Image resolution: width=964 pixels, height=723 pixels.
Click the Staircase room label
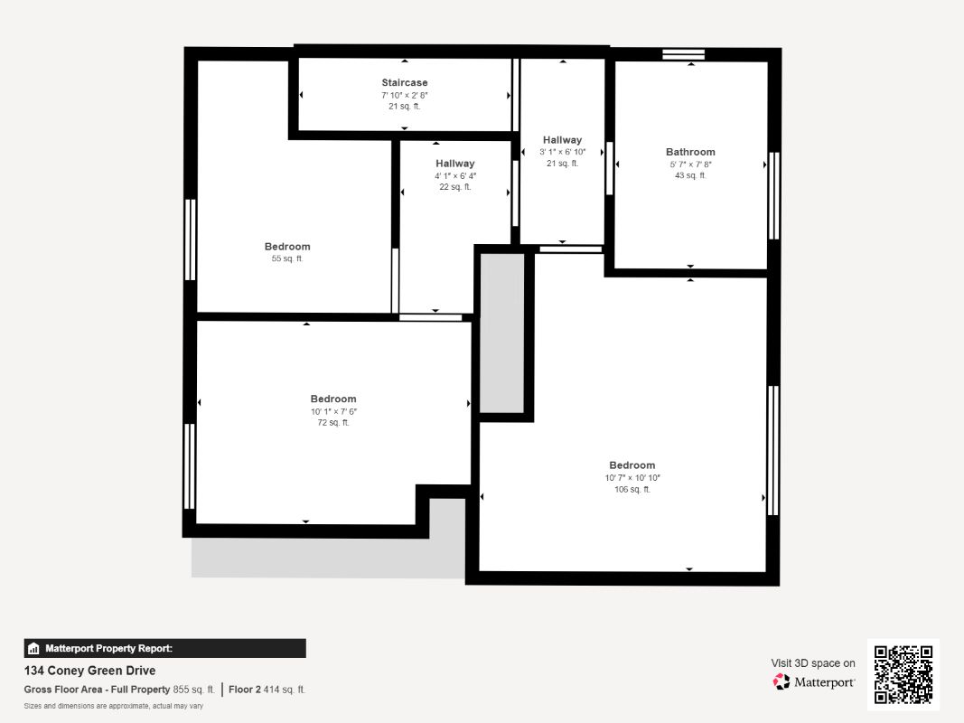point(405,82)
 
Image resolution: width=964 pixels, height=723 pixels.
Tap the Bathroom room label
point(690,152)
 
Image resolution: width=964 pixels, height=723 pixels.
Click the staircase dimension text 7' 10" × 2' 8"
point(405,95)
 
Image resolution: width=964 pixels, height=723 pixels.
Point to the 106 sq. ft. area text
point(632,489)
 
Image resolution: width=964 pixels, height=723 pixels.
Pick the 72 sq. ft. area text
point(333,422)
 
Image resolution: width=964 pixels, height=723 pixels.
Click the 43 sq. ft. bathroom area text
point(690,175)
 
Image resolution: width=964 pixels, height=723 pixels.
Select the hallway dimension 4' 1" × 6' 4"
point(455,176)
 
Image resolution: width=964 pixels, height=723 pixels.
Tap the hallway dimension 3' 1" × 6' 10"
point(563,152)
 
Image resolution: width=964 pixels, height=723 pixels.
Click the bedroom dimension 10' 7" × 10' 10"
point(632,478)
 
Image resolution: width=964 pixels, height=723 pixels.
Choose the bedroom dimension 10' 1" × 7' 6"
point(333,411)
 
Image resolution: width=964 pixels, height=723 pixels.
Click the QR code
point(903,674)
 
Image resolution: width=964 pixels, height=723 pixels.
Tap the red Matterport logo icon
point(781,681)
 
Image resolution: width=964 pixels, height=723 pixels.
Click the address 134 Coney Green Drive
point(89,670)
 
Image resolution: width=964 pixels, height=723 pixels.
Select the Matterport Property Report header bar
point(164,648)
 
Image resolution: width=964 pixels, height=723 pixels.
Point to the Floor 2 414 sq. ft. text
point(267,690)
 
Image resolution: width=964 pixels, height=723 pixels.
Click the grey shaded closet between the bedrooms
point(501,333)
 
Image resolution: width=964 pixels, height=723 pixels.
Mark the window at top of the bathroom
point(684,54)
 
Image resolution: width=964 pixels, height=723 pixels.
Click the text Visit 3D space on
point(813,662)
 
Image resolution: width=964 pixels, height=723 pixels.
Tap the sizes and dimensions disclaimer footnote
point(113,706)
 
